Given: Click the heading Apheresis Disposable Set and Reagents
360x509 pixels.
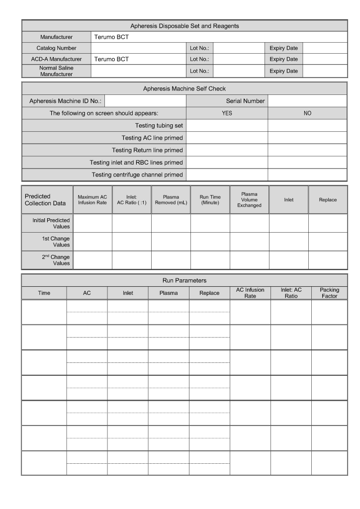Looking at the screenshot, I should pyautogui.click(x=184, y=26).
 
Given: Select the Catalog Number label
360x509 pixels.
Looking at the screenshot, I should pyautogui.click(x=56, y=48).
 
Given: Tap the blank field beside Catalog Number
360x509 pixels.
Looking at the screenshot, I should pyautogui.click(x=138, y=48).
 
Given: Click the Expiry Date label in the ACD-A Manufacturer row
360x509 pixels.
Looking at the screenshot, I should pyautogui.click(x=283, y=59).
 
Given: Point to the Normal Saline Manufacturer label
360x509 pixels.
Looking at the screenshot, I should pyautogui.click(x=56, y=71).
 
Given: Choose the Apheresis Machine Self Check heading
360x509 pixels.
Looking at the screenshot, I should pyautogui.click(x=184, y=89).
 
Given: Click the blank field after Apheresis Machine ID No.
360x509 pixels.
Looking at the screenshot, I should pyautogui.click(x=145, y=101).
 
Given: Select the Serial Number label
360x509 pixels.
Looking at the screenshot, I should pyautogui.click(x=245, y=101).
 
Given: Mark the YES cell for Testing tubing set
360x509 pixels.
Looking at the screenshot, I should pyautogui.click(x=227, y=125).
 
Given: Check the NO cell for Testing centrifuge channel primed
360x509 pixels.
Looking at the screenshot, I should pyautogui.click(x=307, y=174).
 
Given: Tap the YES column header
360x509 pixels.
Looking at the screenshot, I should pyautogui.click(x=227, y=113).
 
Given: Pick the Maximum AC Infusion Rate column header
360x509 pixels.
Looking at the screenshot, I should pyautogui.click(x=92, y=200).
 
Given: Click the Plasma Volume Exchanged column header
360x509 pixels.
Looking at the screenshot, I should pyautogui.click(x=249, y=200).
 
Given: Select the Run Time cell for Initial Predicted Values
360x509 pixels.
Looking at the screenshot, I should pyautogui.click(x=210, y=223).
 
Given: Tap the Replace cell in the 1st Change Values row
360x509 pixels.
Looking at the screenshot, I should pyautogui.click(x=328, y=242).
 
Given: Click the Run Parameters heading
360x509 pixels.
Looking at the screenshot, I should pyautogui.click(x=184, y=280).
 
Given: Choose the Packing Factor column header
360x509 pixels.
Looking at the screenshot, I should pyautogui.click(x=329, y=293).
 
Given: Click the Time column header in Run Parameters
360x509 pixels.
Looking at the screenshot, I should pyautogui.click(x=44, y=293).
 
